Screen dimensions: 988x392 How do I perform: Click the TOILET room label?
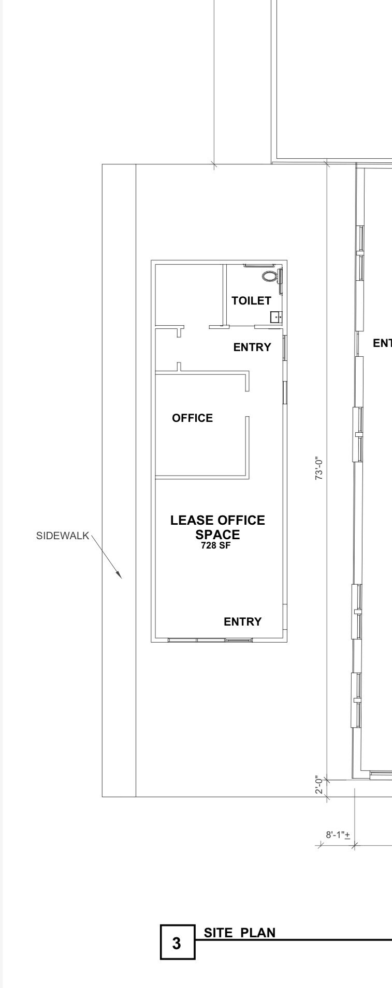[251, 300]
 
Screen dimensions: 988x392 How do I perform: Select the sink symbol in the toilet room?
[276, 316]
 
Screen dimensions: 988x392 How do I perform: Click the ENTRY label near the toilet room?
[252, 347]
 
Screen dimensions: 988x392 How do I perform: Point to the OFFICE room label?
[192, 418]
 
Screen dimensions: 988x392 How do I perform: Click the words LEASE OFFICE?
[217, 521]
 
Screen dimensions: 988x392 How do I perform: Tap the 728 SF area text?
[215, 545]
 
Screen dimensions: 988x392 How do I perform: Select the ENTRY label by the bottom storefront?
[242, 621]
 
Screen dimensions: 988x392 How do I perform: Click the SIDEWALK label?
[62, 536]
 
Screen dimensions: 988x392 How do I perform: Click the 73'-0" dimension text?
[320, 468]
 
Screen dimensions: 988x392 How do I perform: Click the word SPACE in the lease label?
[217, 534]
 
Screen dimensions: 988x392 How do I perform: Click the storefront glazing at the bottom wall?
[210, 640]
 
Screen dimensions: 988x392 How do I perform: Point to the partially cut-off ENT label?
[382, 343]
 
